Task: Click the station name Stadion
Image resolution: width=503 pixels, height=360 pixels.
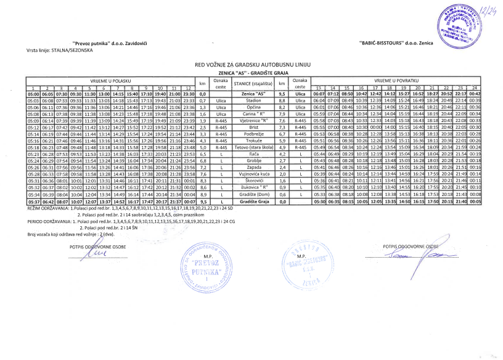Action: coord(253,100)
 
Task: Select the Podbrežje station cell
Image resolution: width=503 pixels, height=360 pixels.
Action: coord(253,133)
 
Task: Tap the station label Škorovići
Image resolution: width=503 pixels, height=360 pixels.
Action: coord(253,179)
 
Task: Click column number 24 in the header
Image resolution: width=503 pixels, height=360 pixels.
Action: coord(474,88)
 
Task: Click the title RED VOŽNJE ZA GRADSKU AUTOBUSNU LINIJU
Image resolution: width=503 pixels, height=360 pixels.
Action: coord(253,64)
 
